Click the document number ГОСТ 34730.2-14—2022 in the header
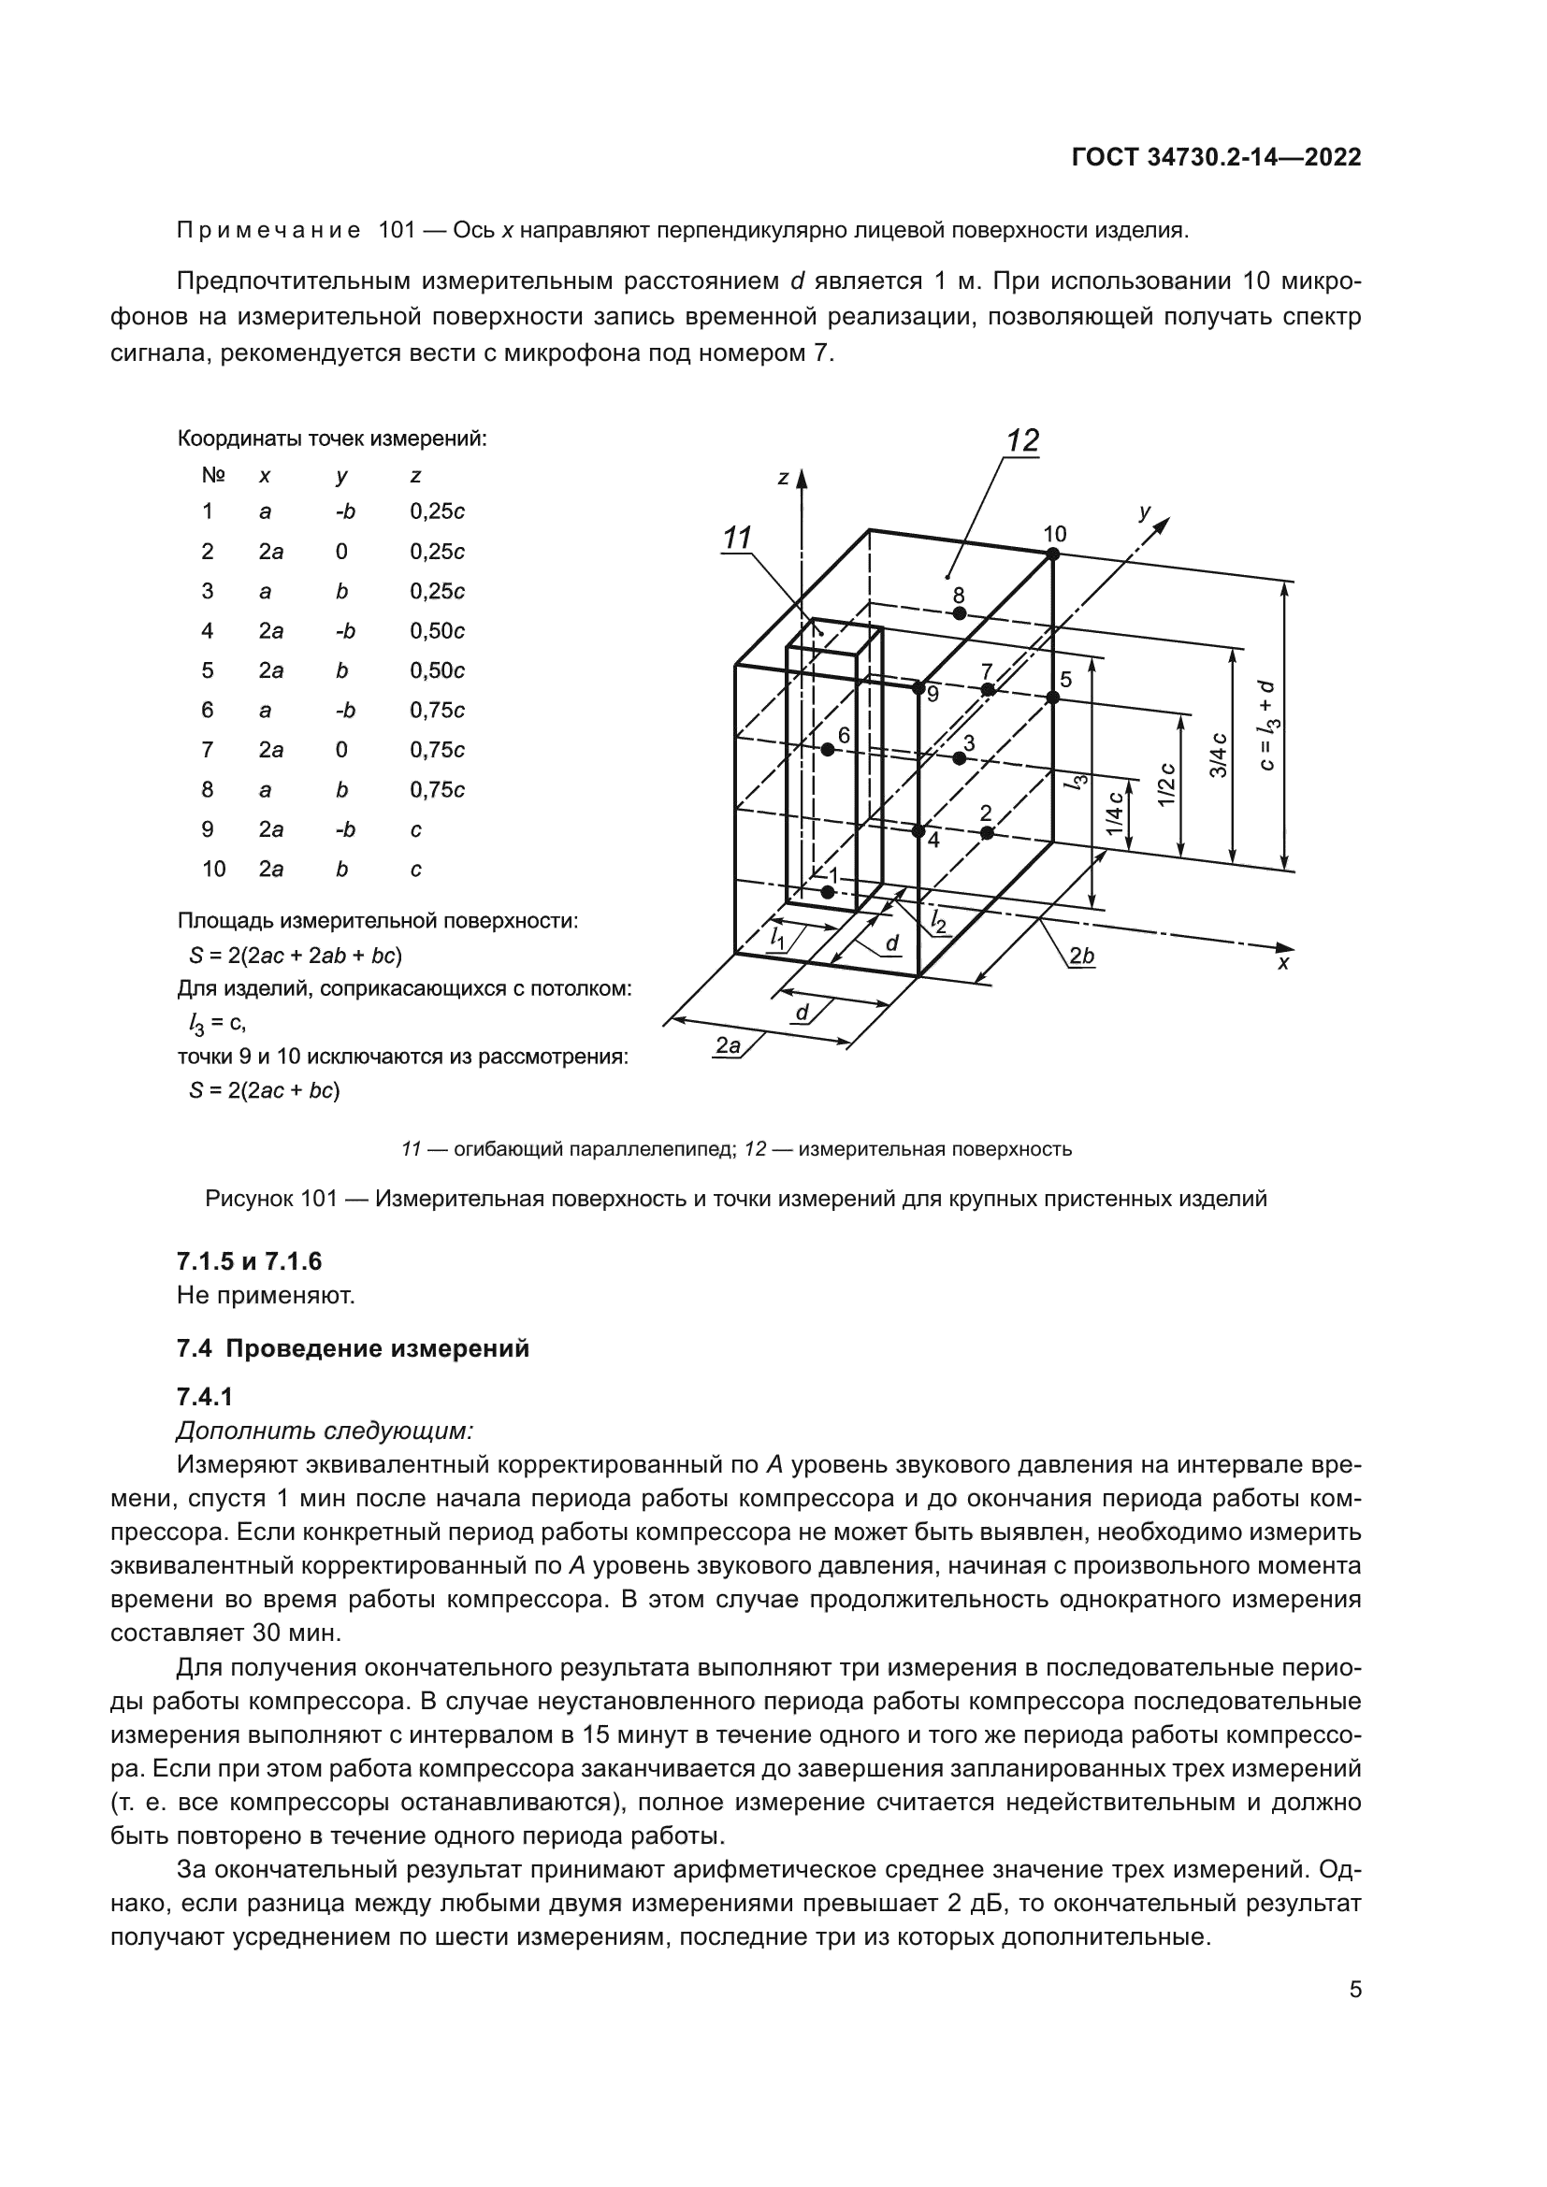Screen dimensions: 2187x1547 pos(1217,158)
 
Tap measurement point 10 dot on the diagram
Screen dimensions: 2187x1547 pos(1052,554)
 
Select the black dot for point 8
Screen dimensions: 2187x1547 pos(960,613)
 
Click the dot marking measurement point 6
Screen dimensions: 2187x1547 pos(828,750)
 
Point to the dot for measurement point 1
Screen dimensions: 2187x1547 pos(828,892)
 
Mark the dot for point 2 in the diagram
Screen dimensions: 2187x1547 pos(987,832)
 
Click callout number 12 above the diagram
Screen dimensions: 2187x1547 pos(1022,441)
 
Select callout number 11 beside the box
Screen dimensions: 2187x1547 pos(737,539)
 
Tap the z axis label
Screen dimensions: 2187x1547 pos(783,478)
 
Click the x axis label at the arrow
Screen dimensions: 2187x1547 pos(1283,963)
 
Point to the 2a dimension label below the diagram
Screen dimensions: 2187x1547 pos(728,1046)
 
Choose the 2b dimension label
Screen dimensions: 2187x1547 pos(1081,956)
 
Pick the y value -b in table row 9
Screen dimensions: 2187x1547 pos(345,829)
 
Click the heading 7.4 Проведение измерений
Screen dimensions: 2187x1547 pos(353,1349)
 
